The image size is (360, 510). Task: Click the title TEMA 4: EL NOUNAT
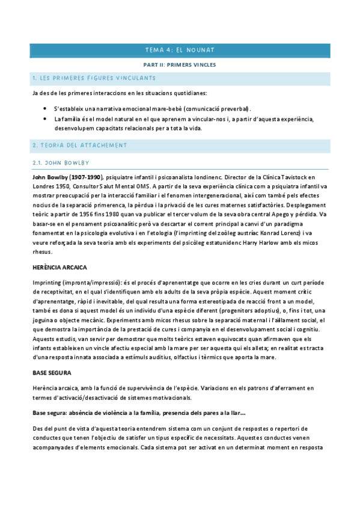180,50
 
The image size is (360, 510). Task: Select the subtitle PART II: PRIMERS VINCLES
180,64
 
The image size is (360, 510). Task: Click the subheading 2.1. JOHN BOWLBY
61,162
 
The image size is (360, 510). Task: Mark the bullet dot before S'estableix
46,108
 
